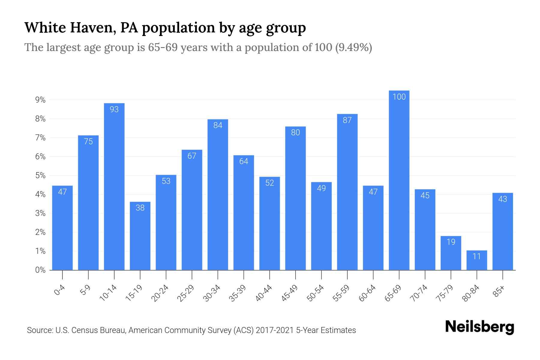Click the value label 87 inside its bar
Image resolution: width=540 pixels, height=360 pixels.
347,120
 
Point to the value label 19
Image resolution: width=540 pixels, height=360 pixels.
451,242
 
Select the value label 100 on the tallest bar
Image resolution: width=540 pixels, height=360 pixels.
399,97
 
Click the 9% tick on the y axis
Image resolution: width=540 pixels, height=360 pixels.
40,100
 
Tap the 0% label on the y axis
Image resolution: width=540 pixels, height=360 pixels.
40,270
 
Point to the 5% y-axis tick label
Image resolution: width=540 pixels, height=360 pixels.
40,175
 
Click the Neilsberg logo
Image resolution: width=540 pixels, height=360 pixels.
479,327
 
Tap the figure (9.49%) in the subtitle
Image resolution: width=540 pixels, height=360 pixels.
353,47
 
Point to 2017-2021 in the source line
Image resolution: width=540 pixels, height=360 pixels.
274,330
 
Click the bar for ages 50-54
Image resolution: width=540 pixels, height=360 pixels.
321,226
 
